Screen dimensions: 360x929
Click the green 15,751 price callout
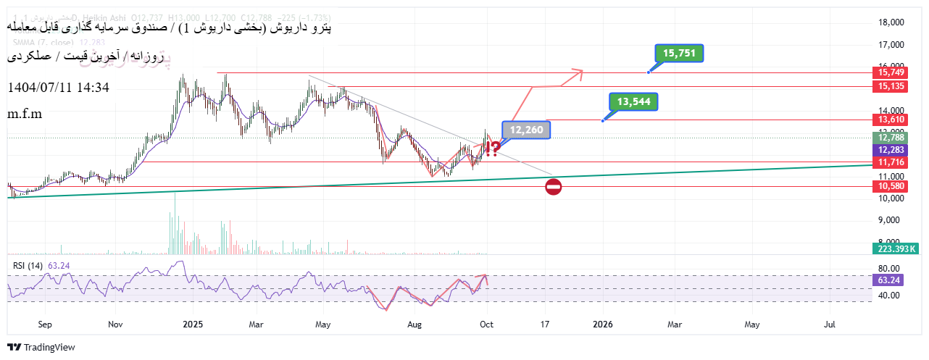679,53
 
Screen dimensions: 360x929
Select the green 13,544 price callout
633,101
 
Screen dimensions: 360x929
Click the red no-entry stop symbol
553,187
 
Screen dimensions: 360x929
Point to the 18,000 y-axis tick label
891,22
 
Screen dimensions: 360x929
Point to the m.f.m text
25,114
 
